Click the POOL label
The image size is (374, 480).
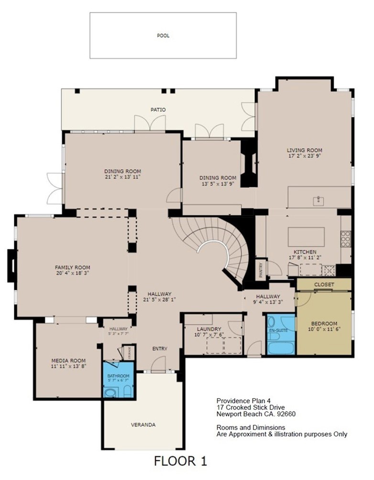click(x=163, y=35)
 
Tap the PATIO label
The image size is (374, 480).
click(x=158, y=109)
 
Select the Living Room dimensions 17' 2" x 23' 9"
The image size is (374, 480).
click(x=305, y=155)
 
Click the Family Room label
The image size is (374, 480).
click(x=73, y=267)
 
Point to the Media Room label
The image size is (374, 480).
click(x=68, y=360)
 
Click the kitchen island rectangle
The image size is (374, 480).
click(x=306, y=237)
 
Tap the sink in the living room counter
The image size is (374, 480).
click(x=319, y=201)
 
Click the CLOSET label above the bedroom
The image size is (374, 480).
click(x=324, y=284)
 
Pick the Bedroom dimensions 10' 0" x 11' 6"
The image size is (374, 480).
click(x=324, y=329)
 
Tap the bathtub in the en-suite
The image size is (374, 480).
click(x=281, y=349)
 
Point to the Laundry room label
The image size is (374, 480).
click(x=209, y=329)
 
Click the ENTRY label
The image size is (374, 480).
click(x=160, y=349)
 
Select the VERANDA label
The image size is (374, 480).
click(x=143, y=425)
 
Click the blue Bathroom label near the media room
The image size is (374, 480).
click(x=118, y=376)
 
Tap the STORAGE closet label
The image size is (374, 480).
click(x=130, y=353)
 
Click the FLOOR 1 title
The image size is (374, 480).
click(x=180, y=461)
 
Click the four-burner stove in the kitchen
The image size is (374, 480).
click(x=345, y=239)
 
